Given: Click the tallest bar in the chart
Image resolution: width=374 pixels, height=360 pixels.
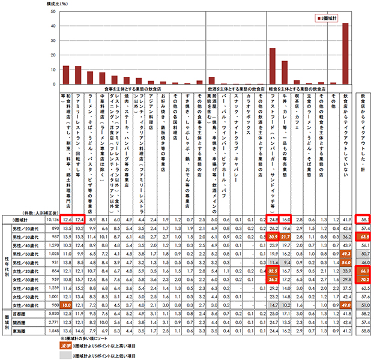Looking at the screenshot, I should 345,53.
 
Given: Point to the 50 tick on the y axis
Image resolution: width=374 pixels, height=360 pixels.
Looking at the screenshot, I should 55,11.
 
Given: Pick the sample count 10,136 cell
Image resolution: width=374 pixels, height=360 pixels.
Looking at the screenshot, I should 51,220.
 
